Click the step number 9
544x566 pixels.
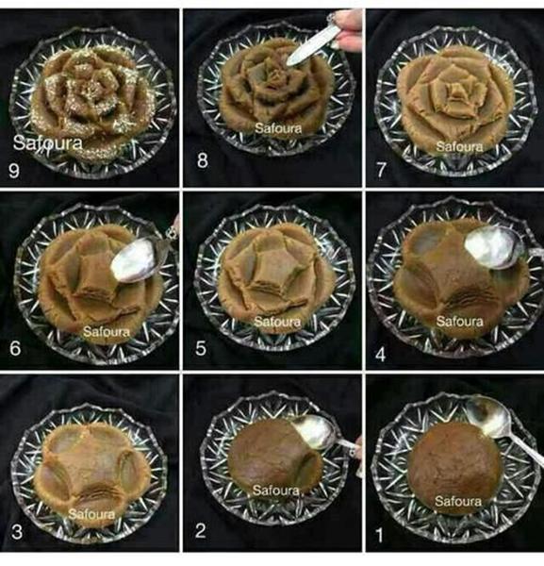point(14,170)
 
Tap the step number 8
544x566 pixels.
point(203,160)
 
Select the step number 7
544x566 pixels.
point(381,171)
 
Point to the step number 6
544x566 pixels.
point(15,349)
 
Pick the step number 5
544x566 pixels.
point(201,349)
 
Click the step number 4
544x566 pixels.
point(381,355)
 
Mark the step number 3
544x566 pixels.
point(17,532)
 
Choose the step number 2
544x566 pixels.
point(201,530)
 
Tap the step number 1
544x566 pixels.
point(379,536)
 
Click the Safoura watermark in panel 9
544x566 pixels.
point(48,143)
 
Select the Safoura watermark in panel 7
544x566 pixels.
point(459,146)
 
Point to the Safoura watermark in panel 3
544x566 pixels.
point(91,514)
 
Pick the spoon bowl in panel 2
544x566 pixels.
point(315,432)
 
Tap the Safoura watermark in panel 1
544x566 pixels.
point(458,501)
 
